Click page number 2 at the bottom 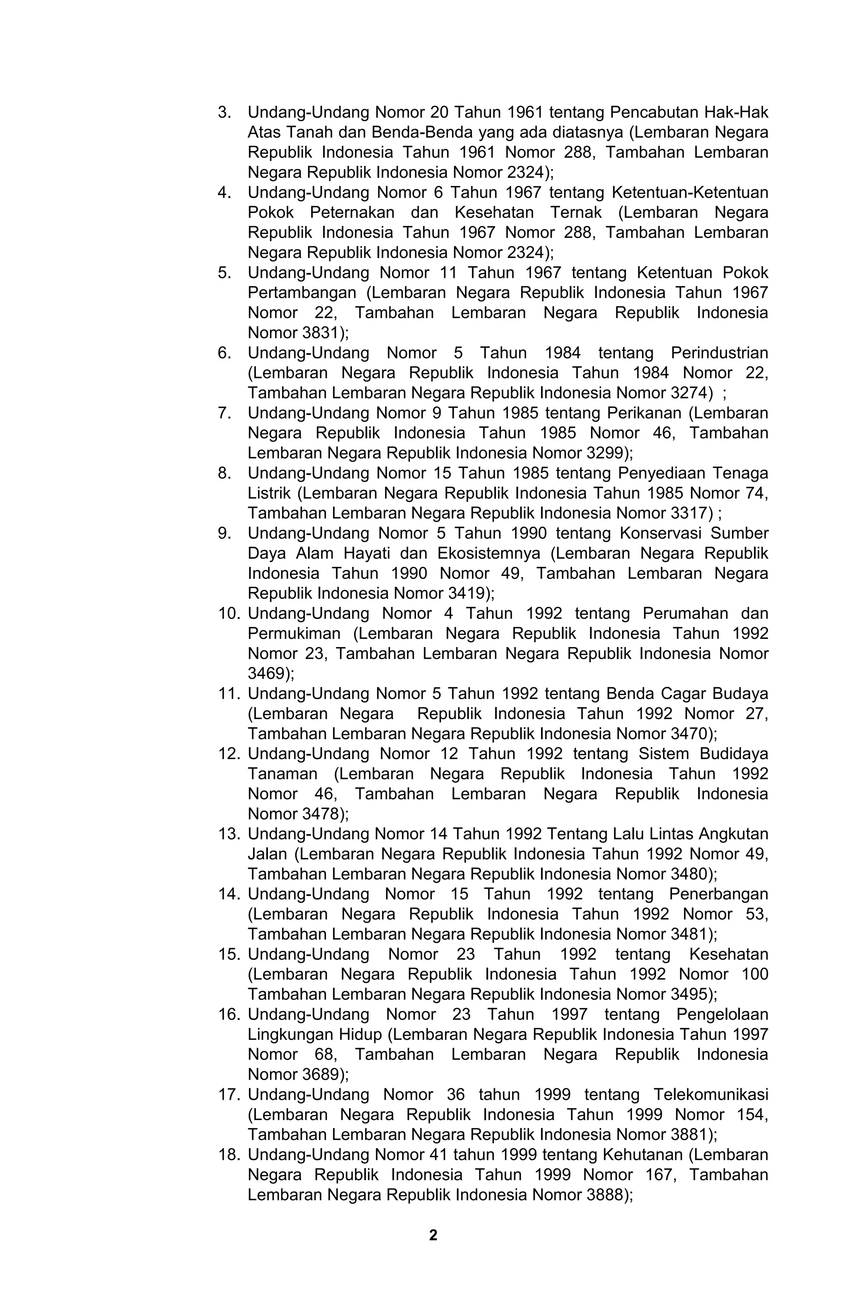(433, 1235)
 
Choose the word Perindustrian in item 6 (719, 353)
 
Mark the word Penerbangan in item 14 (718, 894)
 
